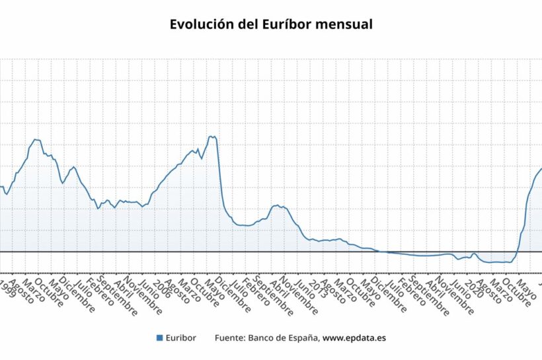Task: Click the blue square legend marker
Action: (159, 338)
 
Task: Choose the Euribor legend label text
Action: (181, 338)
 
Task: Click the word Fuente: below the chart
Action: (229, 338)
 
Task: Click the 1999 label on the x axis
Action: (8, 286)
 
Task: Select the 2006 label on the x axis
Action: (160, 286)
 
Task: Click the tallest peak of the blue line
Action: (211, 136)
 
